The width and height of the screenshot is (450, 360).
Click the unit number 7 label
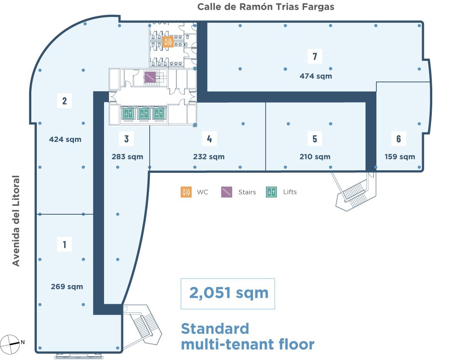(x=315, y=56)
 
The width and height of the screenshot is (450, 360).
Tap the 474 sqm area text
(x=316, y=76)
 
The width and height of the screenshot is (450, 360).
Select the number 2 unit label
(x=65, y=101)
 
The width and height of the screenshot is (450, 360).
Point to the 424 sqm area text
(x=65, y=139)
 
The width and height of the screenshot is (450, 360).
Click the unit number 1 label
(x=65, y=245)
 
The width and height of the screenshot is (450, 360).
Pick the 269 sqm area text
(x=67, y=286)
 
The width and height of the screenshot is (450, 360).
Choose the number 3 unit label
(x=126, y=139)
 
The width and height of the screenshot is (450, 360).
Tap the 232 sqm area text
(x=209, y=157)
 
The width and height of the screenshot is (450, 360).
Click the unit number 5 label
(x=315, y=139)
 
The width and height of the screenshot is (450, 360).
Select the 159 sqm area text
(x=400, y=157)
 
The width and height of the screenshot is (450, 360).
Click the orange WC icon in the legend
(x=186, y=192)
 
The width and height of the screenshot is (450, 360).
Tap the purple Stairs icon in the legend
(x=227, y=192)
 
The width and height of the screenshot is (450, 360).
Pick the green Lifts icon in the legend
(x=272, y=192)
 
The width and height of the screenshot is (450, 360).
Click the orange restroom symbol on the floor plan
(x=167, y=42)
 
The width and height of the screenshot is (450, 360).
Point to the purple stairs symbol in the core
(x=150, y=77)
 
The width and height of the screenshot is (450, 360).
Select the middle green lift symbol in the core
(x=143, y=113)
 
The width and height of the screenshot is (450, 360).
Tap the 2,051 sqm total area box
(x=228, y=294)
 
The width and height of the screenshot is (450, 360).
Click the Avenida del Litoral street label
(x=16, y=221)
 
